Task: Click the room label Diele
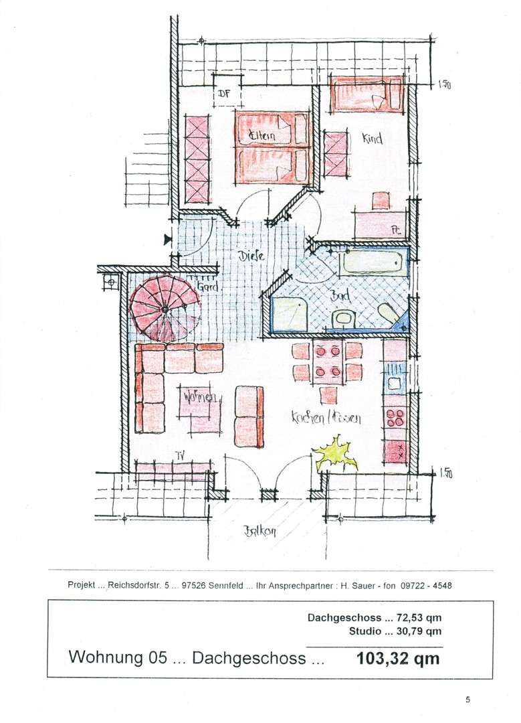click(251, 256)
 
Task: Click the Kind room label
click(372, 139)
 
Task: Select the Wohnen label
click(199, 398)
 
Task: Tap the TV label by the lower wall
click(179, 456)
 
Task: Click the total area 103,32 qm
click(399, 658)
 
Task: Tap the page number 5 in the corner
click(468, 700)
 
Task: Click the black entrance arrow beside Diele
click(167, 238)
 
